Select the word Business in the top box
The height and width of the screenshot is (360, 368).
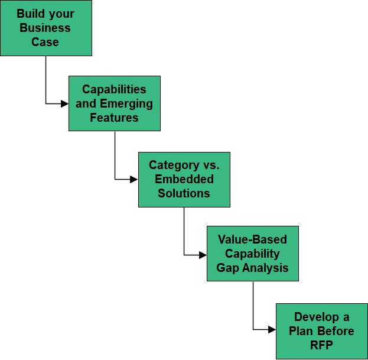(x=45, y=28)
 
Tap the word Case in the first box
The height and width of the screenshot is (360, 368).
(x=45, y=42)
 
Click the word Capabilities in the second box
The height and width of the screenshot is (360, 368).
(x=114, y=89)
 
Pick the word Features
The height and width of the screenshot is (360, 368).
(x=114, y=118)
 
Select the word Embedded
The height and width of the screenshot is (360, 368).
(x=184, y=179)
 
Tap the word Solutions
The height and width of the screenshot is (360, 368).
(x=184, y=193)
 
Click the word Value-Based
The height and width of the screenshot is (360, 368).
(x=252, y=239)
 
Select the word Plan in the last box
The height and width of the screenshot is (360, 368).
(x=302, y=331)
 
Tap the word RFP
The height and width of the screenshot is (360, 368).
(x=321, y=345)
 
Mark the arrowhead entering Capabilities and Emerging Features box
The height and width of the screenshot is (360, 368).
(x=66, y=103)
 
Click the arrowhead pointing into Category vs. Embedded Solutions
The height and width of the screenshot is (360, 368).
(x=135, y=179)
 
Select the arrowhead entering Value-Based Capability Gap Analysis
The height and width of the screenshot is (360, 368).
(x=204, y=255)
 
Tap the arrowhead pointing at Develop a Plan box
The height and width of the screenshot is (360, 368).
(x=273, y=330)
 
